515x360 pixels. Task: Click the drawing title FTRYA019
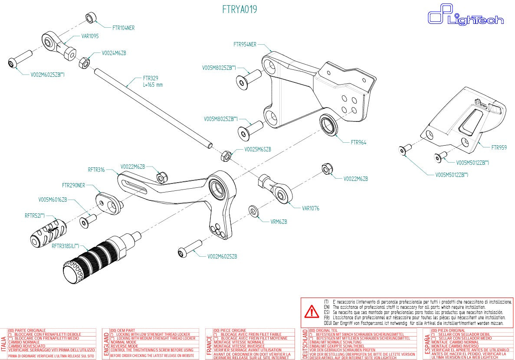[x=239, y=10]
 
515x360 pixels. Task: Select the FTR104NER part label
[x=123, y=28]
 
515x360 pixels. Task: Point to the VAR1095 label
[x=90, y=36]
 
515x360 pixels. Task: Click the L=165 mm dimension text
[x=153, y=85]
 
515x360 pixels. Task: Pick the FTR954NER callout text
[x=245, y=44]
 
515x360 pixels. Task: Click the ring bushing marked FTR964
[x=329, y=124]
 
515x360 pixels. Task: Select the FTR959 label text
[x=499, y=147]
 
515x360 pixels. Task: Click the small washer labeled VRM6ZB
[x=253, y=211]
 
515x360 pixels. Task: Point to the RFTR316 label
[x=96, y=169]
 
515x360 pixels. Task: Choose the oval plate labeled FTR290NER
[x=106, y=202]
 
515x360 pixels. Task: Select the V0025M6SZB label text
[x=257, y=149]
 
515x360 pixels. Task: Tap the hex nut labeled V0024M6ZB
[x=84, y=63]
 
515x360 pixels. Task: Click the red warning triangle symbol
[x=311, y=311]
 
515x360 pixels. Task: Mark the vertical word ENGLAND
[x=106, y=344]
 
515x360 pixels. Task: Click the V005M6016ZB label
[x=52, y=200]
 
